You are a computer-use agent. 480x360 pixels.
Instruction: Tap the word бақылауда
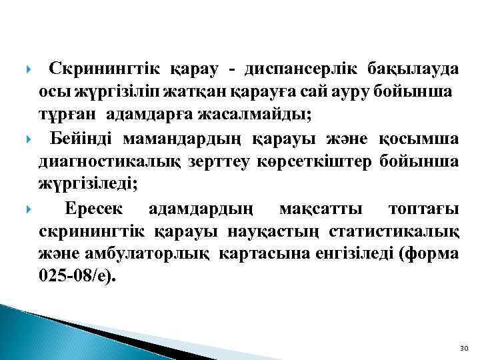pos(413,69)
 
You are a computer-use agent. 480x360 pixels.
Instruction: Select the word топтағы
pos(423,209)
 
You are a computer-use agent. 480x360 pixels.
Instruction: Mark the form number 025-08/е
pos(76,275)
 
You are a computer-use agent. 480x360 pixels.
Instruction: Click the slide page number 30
pos(464,349)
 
